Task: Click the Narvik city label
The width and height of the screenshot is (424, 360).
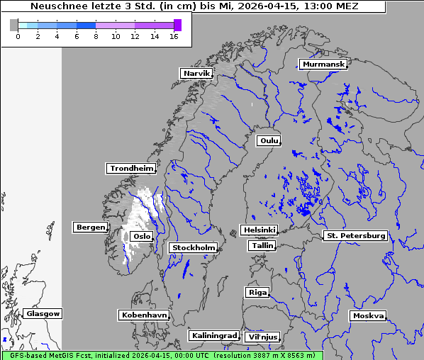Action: [x=196, y=73]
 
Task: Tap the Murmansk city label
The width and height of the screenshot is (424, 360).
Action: [x=323, y=64]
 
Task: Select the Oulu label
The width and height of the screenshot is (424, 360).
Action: [x=269, y=140]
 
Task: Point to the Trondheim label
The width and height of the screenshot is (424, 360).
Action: [x=131, y=168]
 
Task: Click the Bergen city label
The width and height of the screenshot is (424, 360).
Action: [x=89, y=227]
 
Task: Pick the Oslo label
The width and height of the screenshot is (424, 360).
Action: [x=142, y=236]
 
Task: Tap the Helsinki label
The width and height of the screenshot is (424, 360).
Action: [x=259, y=230]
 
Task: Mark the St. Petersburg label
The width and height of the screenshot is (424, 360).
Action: [x=355, y=235]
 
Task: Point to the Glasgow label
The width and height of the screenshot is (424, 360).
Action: [x=43, y=313]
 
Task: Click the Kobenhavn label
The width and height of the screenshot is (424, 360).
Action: [x=144, y=314]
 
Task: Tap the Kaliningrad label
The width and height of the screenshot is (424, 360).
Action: [x=213, y=335]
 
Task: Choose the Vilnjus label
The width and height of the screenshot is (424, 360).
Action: [x=262, y=337]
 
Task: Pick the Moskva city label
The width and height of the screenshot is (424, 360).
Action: [x=368, y=315]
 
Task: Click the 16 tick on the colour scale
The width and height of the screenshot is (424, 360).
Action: [x=174, y=36]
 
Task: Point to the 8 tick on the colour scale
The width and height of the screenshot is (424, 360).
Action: [x=96, y=36]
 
